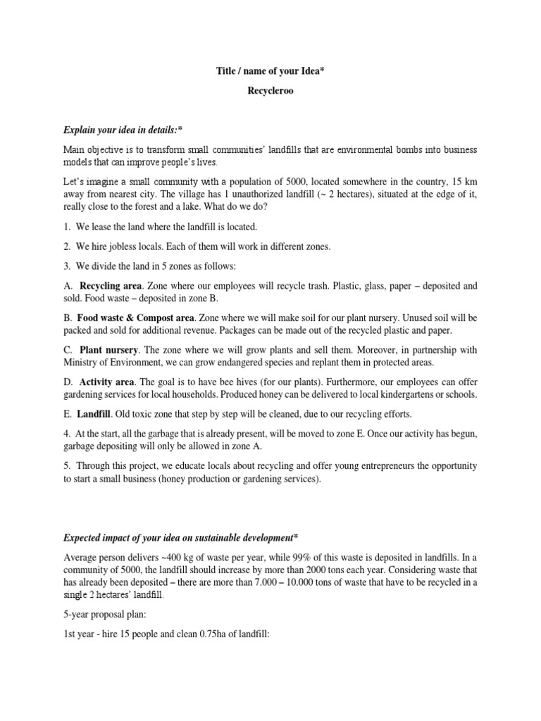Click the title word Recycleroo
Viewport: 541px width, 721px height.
(x=270, y=91)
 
